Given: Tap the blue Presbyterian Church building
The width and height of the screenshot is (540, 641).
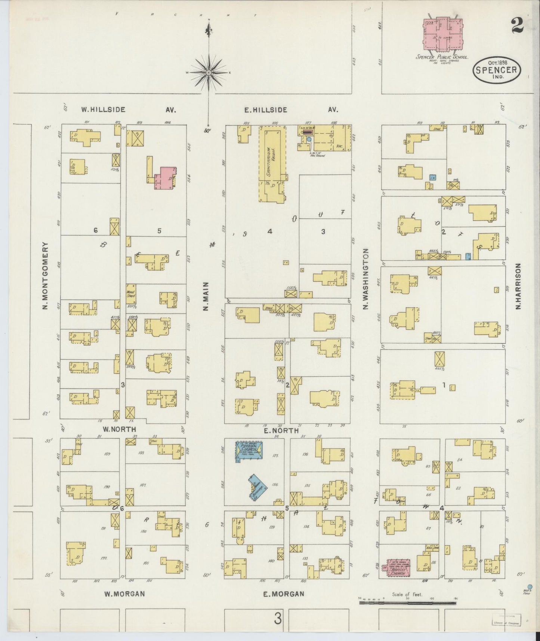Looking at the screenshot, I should [x=249, y=452].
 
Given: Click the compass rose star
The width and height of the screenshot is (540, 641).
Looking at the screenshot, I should [x=209, y=72].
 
